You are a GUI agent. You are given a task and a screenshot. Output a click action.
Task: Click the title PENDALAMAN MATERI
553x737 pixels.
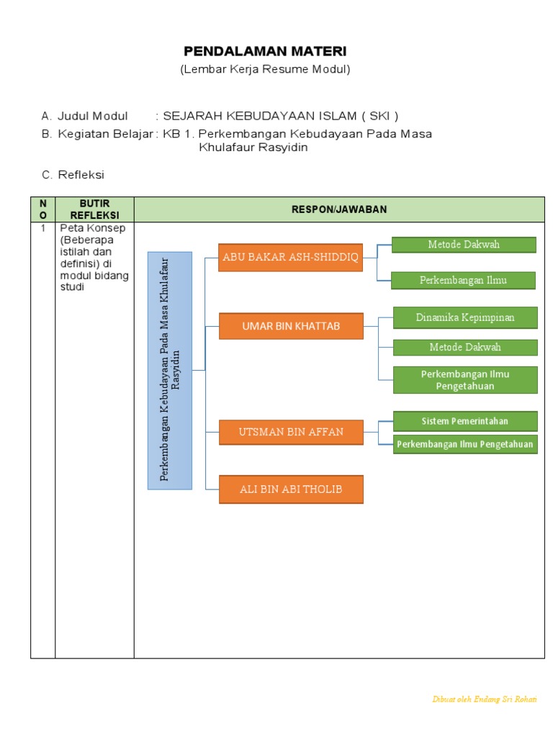(265, 51)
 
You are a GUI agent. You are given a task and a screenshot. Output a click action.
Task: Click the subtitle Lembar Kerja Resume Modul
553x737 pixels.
(265, 69)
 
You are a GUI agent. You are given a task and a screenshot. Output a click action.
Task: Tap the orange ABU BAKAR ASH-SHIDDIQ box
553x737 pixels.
(290, 258)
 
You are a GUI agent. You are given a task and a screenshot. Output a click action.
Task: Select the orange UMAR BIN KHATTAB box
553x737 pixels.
(291, 326)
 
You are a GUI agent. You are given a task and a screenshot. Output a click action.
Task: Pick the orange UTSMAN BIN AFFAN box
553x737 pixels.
(291, 432)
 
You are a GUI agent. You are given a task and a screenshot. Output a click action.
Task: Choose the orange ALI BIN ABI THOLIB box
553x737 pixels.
(291, 489)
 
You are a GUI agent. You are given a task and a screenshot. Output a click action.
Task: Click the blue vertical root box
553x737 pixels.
(170, 371)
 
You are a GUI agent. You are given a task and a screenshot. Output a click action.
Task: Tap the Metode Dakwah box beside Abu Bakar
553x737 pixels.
(464, 245)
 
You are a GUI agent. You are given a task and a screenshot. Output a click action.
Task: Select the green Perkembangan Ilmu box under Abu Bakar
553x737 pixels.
(463, 280)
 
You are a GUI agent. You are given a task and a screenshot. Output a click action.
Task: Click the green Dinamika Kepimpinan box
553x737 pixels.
(465, 317)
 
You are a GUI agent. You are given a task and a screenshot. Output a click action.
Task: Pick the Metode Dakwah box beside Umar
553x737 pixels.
(465, 347)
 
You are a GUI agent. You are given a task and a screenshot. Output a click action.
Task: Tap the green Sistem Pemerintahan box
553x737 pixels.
(465, 421)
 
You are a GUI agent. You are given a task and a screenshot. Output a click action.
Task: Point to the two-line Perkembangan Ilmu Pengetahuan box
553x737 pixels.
(465, 380)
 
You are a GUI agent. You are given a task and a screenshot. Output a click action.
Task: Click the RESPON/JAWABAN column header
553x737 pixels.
(339, 209)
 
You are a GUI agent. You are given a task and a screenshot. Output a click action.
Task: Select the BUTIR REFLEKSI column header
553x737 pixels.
(94, 209)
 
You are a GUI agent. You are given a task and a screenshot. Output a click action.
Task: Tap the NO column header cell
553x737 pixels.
(42, 209)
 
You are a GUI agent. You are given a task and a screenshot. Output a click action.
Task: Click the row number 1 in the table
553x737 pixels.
(42, 228)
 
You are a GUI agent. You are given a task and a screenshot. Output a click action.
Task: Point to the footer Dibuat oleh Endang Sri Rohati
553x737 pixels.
(484, 699)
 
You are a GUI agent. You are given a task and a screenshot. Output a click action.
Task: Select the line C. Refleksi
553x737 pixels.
(73, 175)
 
